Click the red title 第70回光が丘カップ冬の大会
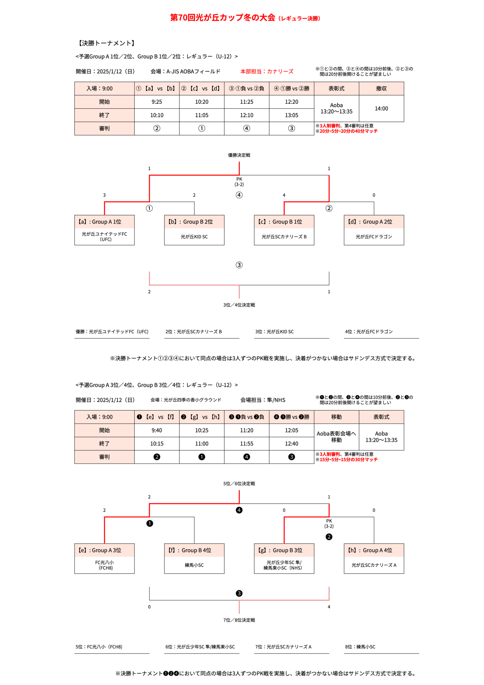223,17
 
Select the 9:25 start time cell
157,102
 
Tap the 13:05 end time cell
291,115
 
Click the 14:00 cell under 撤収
381,108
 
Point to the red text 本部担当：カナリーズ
267,71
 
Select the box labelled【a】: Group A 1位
104,222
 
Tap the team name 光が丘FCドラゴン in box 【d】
374,237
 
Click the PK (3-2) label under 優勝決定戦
239,182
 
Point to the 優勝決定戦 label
239,155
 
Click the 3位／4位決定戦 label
239,305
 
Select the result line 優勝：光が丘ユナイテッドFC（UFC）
112,331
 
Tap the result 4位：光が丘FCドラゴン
369,331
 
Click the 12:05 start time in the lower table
291,430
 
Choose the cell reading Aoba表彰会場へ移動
336,437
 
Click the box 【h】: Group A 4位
374,550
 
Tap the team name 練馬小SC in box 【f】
194,565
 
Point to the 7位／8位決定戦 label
239,620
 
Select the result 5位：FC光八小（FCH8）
99,646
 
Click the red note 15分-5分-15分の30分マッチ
348,459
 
